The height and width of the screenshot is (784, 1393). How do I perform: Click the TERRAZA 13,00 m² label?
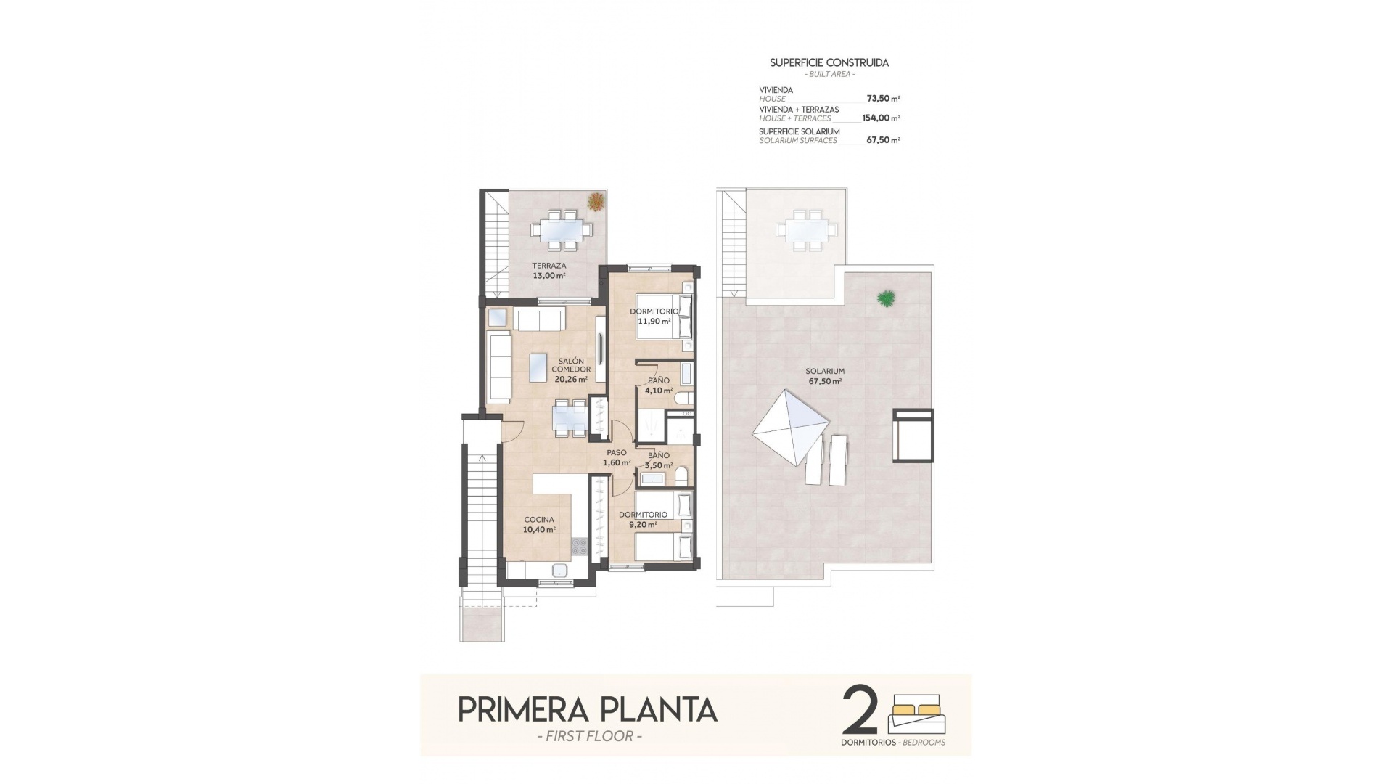[x=548, y=271]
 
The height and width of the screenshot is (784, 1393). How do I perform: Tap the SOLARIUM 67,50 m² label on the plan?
[x=825, y=376]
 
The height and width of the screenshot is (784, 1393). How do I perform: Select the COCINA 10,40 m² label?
[x=539, y=525]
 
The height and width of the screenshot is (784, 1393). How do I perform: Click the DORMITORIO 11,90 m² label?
[x=654, y=316]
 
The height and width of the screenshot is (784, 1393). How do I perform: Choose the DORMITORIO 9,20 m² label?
[x=643, y=519]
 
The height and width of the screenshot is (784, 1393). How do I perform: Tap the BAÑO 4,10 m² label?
[x=659, y=385]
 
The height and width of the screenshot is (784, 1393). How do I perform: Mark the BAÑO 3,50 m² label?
[x=659, y=460]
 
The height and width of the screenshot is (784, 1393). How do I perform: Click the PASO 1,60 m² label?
[x=616, y=457]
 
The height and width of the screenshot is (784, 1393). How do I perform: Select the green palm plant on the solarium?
[x=885, y=297]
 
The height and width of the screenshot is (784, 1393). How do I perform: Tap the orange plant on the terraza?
[x=596, y=201]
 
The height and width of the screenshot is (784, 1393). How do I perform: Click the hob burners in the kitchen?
[x=580, y=546]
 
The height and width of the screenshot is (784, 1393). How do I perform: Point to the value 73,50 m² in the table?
[x=883, y=99]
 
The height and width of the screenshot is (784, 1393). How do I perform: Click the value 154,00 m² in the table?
[x=881, y=118]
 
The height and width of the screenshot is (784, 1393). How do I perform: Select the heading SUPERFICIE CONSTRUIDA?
[x=829, y=63]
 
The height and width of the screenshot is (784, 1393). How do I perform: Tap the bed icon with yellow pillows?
[x=917, y=714]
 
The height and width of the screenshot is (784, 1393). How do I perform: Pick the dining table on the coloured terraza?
[x=562, y=229]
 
